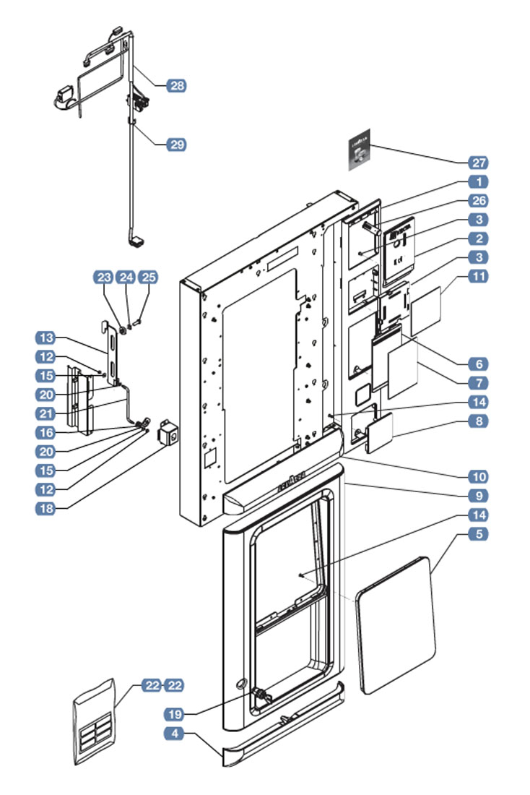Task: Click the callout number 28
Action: pos(176,86)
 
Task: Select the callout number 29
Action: pos(176,145)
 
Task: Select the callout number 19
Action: pos(176,714)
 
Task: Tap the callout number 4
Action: pos(176,734)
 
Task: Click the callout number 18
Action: pos(45,507)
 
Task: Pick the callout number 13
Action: pos(45,338)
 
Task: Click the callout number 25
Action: pos(148,277)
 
